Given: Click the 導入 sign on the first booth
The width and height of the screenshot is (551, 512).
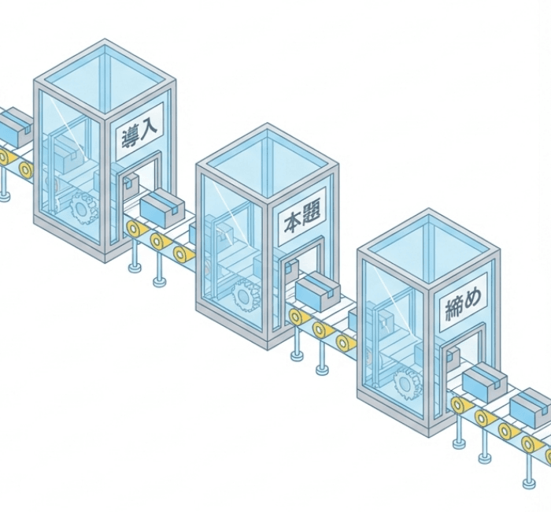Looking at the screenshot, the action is click(139, 131).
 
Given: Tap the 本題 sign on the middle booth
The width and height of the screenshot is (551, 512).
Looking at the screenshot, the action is click(301, 217).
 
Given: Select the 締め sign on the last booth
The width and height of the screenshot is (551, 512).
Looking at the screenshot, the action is click(463, 302).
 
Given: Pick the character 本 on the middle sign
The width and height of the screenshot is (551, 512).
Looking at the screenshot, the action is click(293, 223).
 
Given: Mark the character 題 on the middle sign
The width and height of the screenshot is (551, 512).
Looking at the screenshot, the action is click(312, 213).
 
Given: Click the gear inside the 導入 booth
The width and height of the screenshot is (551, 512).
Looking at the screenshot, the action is click(84, 208).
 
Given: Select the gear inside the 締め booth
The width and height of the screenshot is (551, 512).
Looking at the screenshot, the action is click(408, 384).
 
